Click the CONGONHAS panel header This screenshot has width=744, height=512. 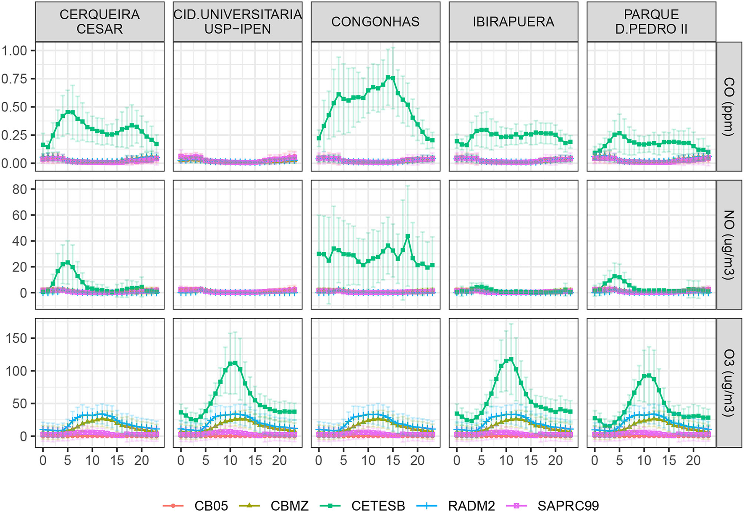pos(375,22)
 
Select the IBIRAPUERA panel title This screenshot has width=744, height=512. pos(513,22)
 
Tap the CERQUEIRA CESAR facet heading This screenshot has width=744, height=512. pos(100,22)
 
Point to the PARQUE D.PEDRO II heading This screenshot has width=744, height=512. pos(651,22)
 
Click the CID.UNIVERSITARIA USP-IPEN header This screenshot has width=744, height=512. pos(238,22)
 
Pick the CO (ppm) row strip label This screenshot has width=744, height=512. pos(729,106)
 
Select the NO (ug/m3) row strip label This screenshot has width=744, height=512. pos(729,245)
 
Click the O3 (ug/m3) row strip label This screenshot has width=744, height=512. pos(729,383)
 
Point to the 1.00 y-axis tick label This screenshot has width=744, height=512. pos(14,51)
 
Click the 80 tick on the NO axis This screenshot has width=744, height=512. pos(20,190)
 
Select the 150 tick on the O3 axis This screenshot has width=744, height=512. pos(17,338)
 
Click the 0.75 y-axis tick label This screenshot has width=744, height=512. pos(14,79)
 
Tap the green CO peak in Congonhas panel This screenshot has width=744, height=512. pos(388,78)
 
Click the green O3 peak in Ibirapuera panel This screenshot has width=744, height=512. pos(511,359)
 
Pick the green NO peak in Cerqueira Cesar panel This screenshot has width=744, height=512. pos(68,263)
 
